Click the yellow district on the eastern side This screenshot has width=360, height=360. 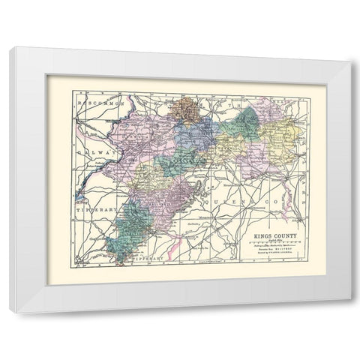[284, 139]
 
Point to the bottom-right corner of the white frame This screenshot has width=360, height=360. [348, 310]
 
